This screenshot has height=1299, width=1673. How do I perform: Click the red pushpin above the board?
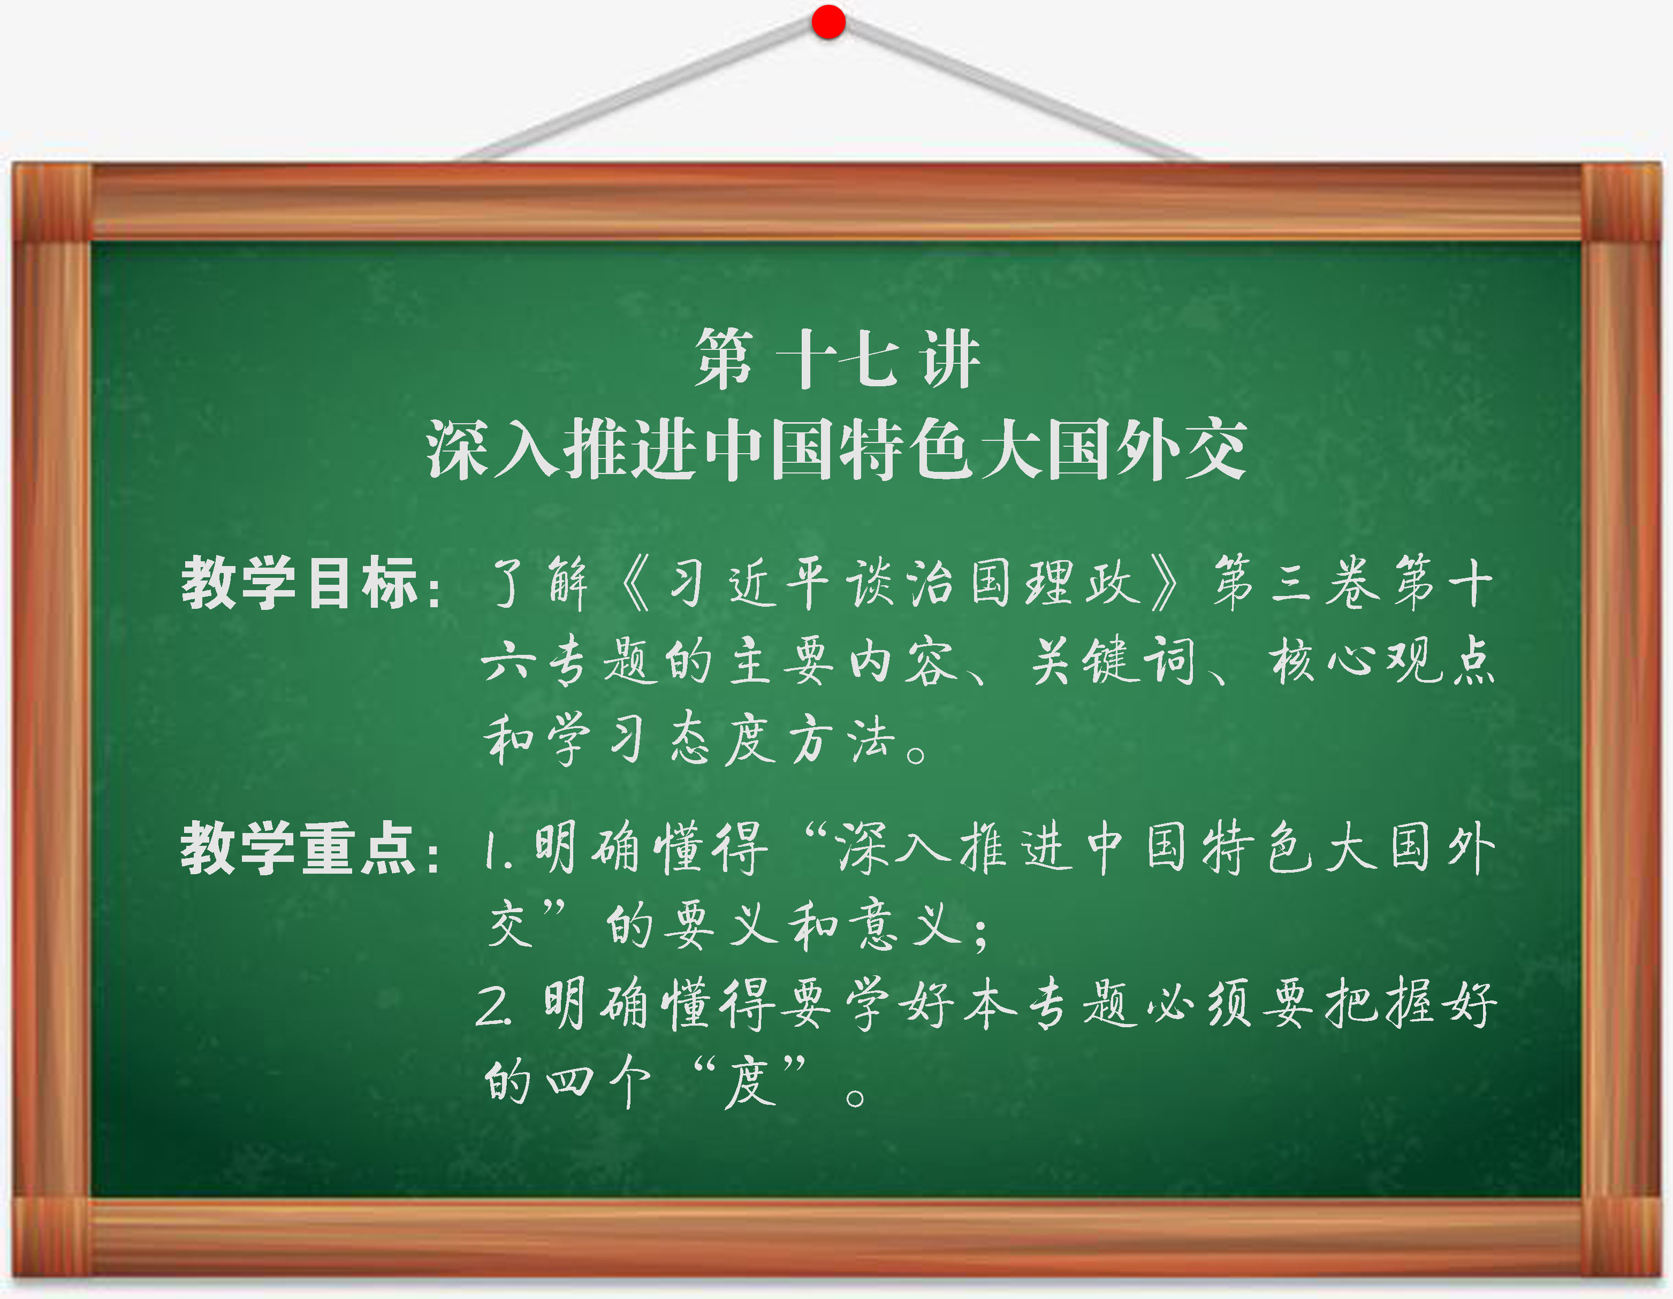[x=828, y=21]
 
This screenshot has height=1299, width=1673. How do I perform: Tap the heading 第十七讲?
[x=836, y=358]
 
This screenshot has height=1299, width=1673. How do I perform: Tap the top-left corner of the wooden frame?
[x=12, y=163]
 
